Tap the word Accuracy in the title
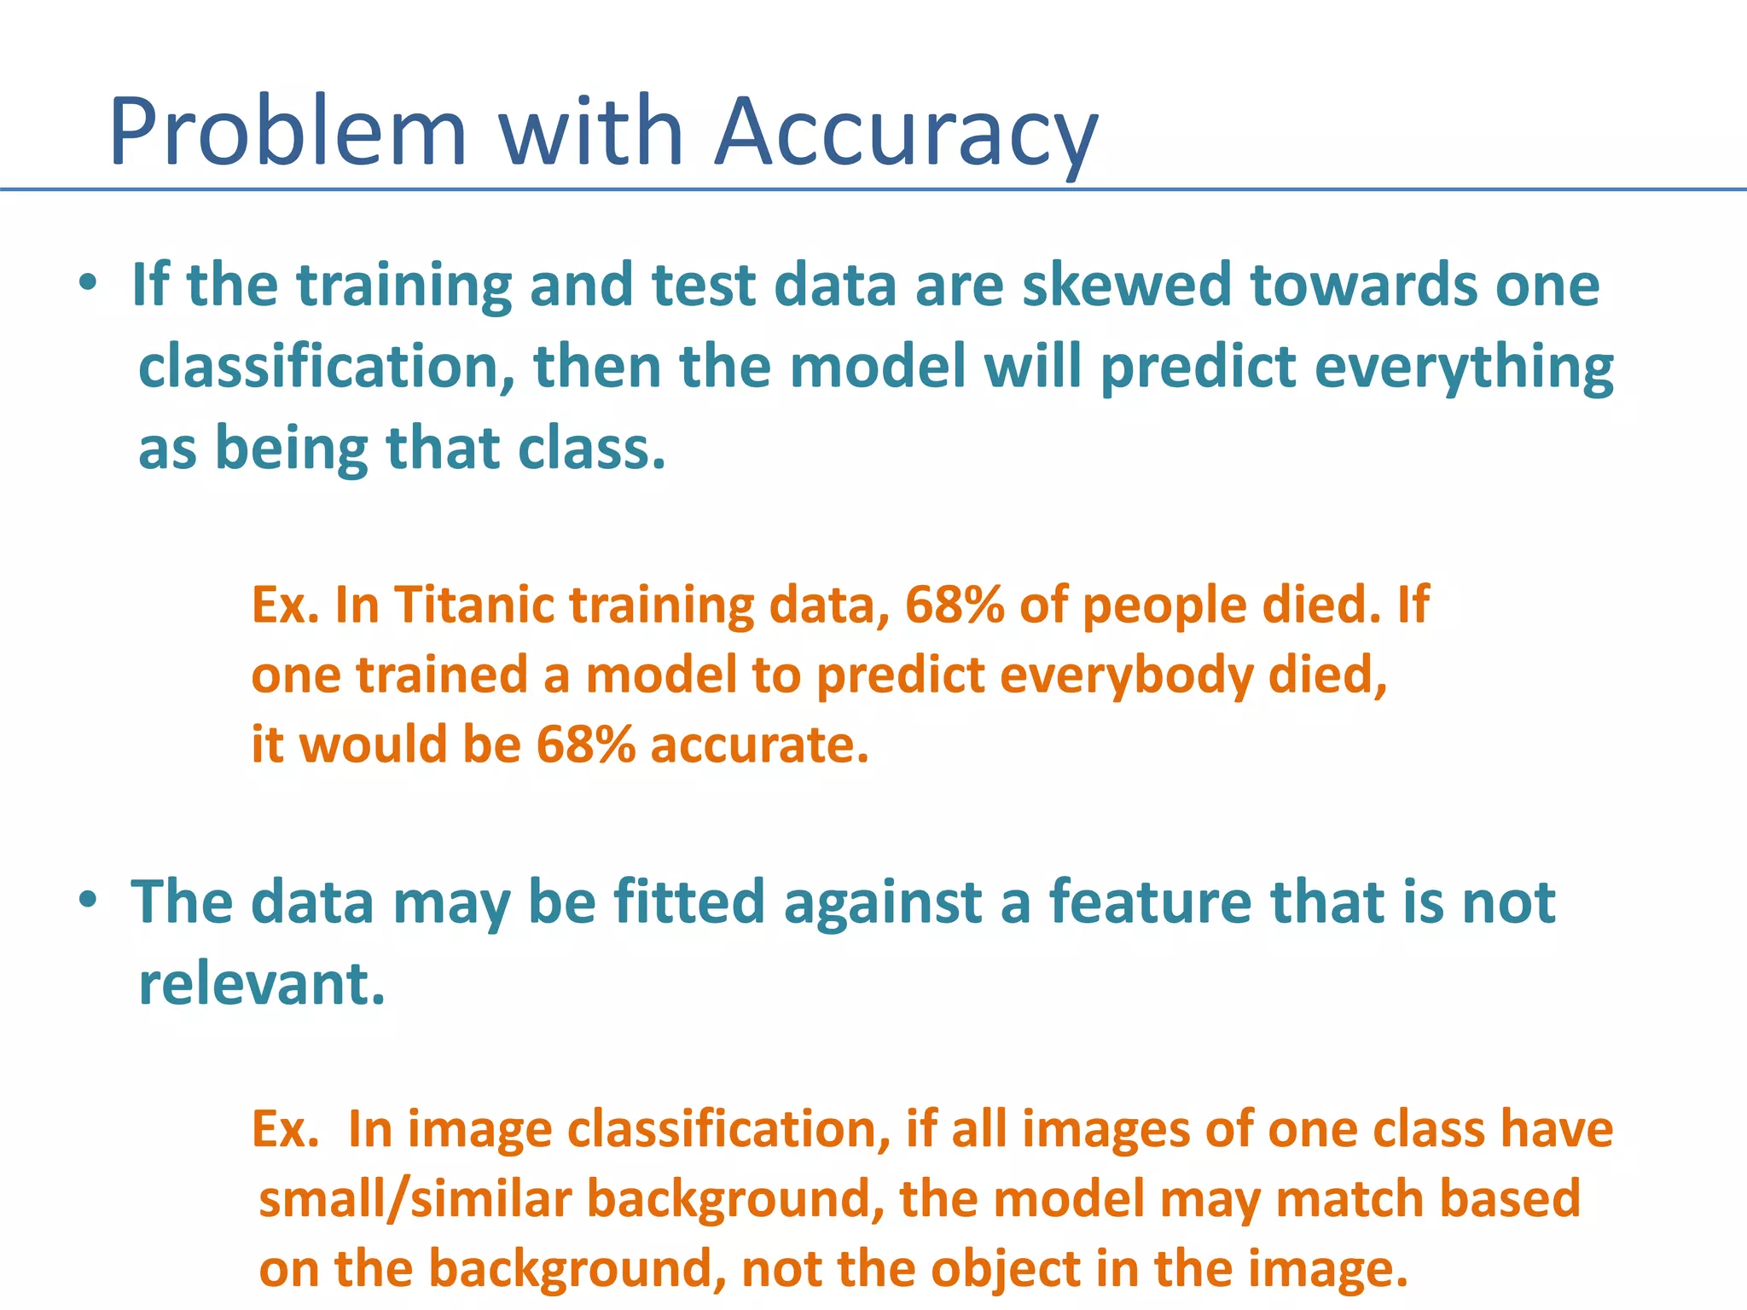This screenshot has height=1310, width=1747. pyautogui.click(x=907, y=133)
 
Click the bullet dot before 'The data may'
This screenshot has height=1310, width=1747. pyautogui.click(x=88, y=900)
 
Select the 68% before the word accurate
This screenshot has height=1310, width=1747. pyautogui.click(x=586, y=744)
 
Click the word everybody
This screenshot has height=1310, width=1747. pyautogui.click(x=1126, y=675)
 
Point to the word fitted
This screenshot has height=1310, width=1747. pyautogui.click(x=688, y=902)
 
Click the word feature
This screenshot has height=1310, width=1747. pyautogui.click(x=1150, y=902)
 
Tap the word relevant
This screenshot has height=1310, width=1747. pyautogui.click(x=262, y=984)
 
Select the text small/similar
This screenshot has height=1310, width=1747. pyautogui.click(x=415, y=1198)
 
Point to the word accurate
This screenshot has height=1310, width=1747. pyautogui.click(x=759, y=744)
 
